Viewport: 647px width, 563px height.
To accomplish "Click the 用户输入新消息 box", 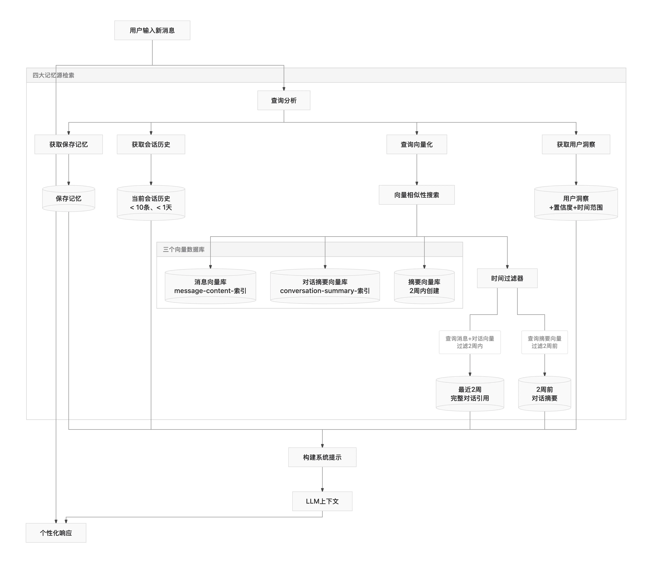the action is (152, 30).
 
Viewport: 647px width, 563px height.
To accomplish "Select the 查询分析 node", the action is (284, 100).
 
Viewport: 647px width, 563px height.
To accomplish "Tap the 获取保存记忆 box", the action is (68, 144).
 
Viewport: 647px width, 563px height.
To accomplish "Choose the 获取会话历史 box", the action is (151, 144).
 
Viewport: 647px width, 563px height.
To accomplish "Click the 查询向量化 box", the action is (417, 144).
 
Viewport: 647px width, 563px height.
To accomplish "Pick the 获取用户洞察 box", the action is (576, 144).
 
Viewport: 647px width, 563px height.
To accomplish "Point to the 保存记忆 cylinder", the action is (68, 199).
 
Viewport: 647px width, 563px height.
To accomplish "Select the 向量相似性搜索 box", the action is (417, 195).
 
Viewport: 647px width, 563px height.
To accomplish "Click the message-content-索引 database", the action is (210, 286).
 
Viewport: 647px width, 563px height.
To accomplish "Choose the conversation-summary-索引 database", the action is (325, 286).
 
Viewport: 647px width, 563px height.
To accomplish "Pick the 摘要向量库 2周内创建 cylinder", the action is (424, 286).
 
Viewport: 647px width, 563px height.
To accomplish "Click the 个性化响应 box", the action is (56, 533).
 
